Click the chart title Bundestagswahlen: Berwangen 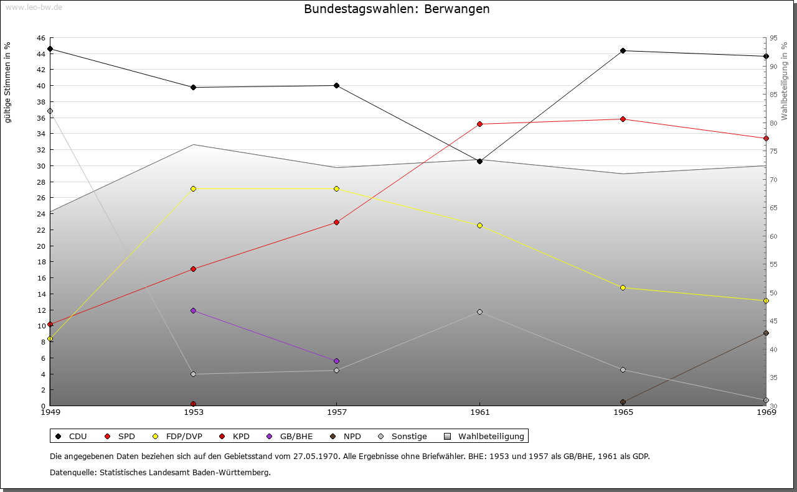pyautogui.click(x=397, y=9)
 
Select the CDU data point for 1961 pyautogui.click(x=479, y=161)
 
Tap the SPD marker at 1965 pyautogui.click(x=623, y=119)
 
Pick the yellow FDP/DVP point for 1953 pyautogui.click(x=193, y=188)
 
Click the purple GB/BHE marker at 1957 pyautogui.click(x=336, y=361)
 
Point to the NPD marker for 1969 pyautogui.click(x=766, y=333)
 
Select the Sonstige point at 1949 pyautogui.click(x=50, y=111)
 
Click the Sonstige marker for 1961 pyautogui.click(x=479, y=312)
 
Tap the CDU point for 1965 pyautogui.click(x=623, y=51)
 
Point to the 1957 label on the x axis pyautogui.click(x=336, y=412)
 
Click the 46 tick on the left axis pyautogui.click(x=40, y=38)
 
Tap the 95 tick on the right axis pyautogui.click(x=773, y=38)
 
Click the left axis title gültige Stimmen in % pyautogui.click(x=8, y=83)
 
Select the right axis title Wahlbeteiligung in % pyautogui.click(x=784, y=81)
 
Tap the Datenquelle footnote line pyautogui.click(x=160, y=472)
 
